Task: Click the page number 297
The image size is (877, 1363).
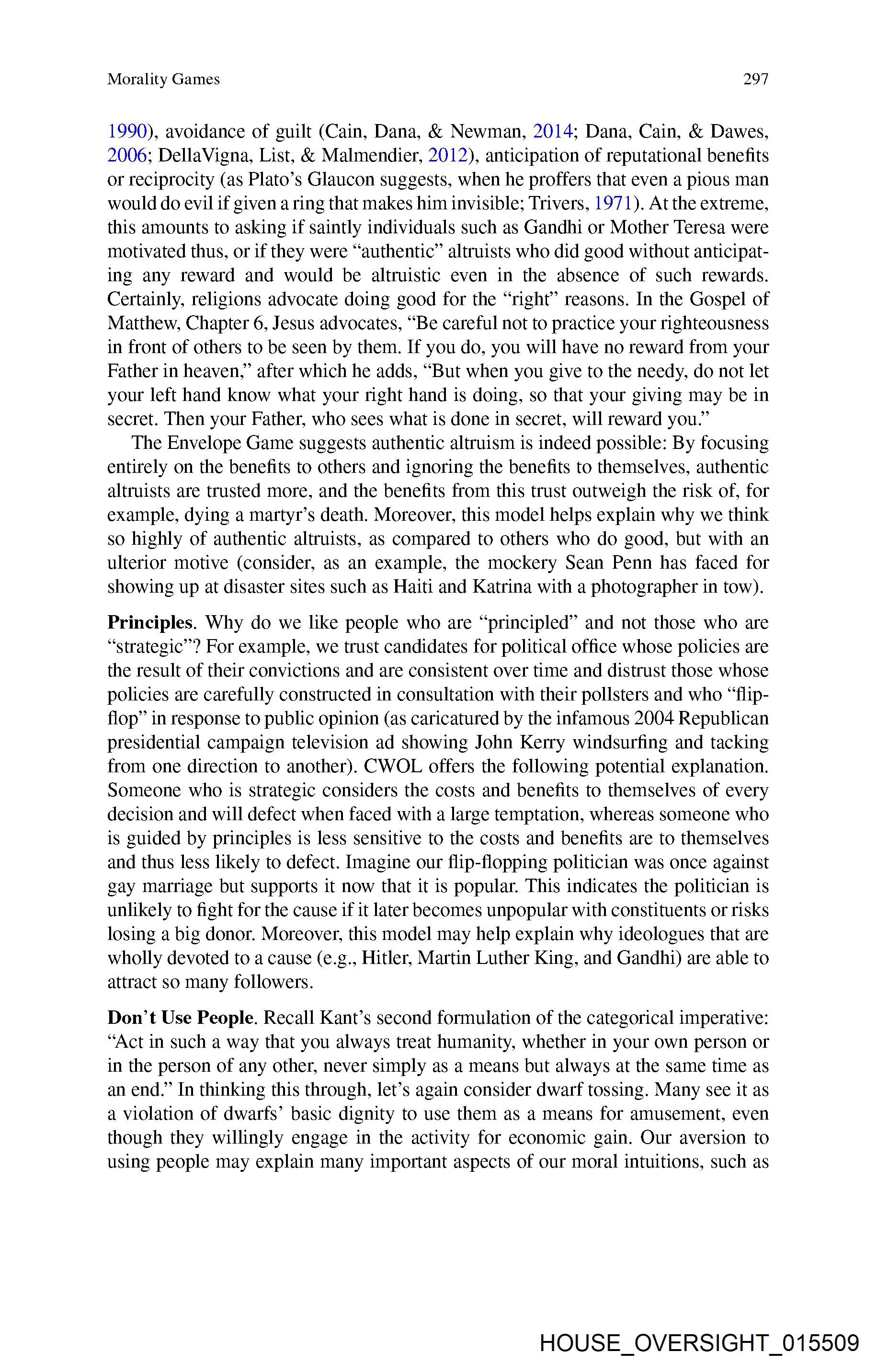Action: (x=755, y=79)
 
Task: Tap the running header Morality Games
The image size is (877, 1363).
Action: (x=163, y=79)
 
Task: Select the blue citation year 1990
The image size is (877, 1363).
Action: (x=127, y=132)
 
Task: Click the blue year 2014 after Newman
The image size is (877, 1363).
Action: (x=552, y=132)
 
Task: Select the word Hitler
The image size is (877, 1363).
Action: (x=387, y=958)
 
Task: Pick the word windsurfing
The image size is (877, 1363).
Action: (x=637, y=743)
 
